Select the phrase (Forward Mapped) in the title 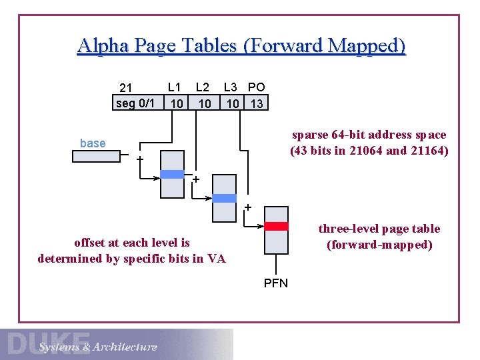click(x=324, y=45)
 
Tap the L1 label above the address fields click(x=175, y=87)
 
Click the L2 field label click(x=203, y=87)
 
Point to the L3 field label click(x=231, y=87)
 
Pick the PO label click(x=257, y=87)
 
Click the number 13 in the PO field click(x=257, y=103)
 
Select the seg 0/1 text click(x=135, y=103)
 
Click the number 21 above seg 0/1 click(x=127, y=88)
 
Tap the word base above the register click(x=92, y=143)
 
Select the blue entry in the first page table click(x=172, y=175)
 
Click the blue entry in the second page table click(x=224, y=198)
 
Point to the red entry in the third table click(x=276, y=226)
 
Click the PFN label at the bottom click(x=276, y=283)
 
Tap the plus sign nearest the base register click(x=140, y=159)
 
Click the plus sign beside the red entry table click(x=247, y=207)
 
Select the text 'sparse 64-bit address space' click(x=369, y=135)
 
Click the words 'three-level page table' click(x=379, y=229)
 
